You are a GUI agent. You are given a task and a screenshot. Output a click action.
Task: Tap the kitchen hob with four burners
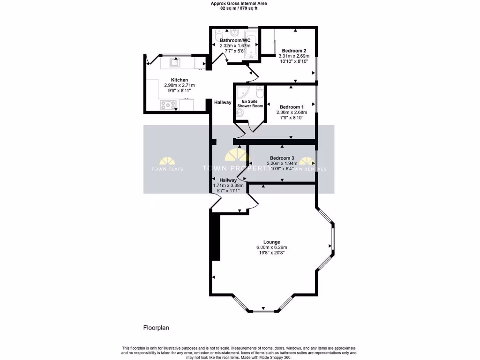pyautogui.click(x=167, y=105)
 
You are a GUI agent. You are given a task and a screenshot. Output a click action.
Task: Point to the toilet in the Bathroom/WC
pyautogui.click(x=218, y=36)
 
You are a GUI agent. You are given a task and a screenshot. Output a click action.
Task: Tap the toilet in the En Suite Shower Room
pyautogui.click(x=260, y=92)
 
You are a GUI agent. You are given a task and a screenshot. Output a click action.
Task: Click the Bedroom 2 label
pyautogui.click(x=294, y=51)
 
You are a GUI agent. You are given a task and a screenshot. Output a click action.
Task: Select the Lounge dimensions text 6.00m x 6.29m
pyautogui.click(x=271, y=247)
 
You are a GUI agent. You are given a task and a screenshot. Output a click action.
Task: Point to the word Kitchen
pyautogui.click(x=179, y=80)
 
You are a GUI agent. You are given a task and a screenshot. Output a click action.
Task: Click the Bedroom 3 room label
pyautogui.click(x=282, y=158)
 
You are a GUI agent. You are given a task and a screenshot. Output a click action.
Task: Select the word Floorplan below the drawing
pyautogui.click(x=156, y=328)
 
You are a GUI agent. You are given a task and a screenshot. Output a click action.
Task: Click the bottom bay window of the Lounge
pyautogui.click(x=262, y=310)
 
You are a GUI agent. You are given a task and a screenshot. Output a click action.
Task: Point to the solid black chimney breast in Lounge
pyautogui.click(x=215, y=237)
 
